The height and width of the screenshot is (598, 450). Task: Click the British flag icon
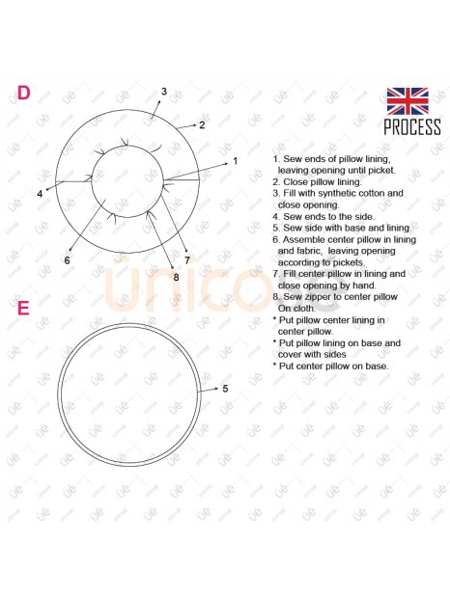click(408, 101)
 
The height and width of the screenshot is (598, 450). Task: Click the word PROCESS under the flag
click(412, 126)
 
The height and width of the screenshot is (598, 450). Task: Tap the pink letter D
click(23, 93)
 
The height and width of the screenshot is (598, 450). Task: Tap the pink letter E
click(23, 308)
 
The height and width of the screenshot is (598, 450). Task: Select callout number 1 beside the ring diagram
click(236, 161)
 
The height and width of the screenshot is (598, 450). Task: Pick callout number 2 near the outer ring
click(202, 125)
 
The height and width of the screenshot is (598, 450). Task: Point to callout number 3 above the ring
click(164, 92)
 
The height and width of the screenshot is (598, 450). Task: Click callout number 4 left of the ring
click(40, 194)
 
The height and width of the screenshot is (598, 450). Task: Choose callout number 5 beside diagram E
click(225, 389)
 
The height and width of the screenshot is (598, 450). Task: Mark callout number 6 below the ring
click(68, 260)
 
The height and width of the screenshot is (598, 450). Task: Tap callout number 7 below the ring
click(187, 260)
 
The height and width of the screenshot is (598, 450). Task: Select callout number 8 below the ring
click(176, 277)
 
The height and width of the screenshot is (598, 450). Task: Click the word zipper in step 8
click(321, 297)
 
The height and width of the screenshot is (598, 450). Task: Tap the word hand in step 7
click(365, 285)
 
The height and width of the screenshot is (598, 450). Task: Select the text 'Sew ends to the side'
click(328, 217)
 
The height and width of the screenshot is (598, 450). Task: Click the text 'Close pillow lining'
click(322, 182)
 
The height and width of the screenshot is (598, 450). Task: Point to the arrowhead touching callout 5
click(216, 389)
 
